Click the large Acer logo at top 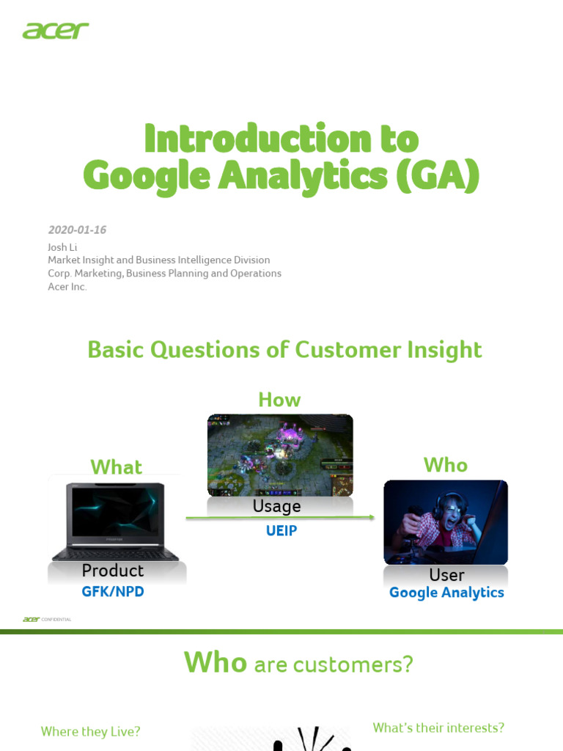tap(56, 31)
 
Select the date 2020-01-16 tap(77, 230)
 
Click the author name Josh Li tap(62, 247)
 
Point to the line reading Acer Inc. tap(67, 287)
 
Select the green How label tap(279, 400)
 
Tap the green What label tap(116, 467)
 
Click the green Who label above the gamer tap(445, 465)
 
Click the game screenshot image tap(280, 455)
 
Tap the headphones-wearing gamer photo tap(446, 521)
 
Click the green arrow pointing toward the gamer tap(280, 519)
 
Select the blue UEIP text tap(281, 531)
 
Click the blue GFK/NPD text tap(113, 591)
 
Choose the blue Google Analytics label tap(446, 593)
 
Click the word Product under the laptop tap(113, 571)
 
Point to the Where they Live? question tap(90, 731)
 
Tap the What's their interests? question tap(438, 728)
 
